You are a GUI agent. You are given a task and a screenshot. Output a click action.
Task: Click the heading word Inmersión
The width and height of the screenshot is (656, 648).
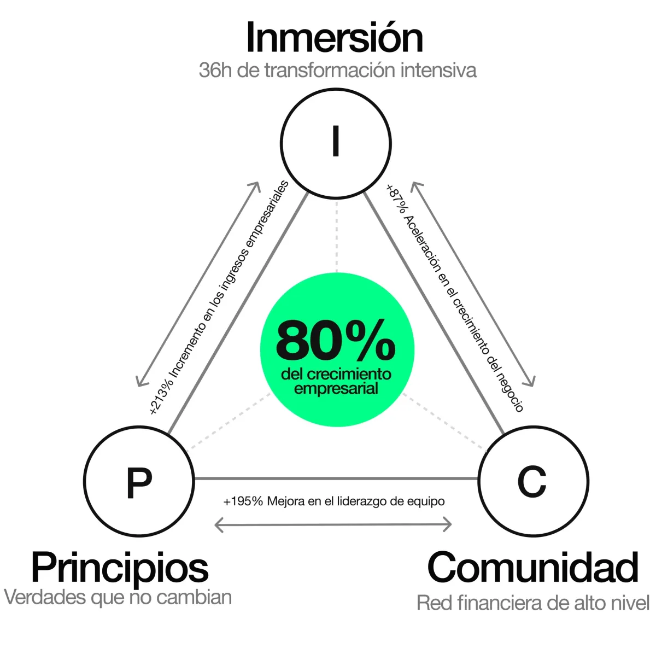click(335, 37)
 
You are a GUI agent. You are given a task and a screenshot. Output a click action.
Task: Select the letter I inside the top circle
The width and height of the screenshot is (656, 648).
click(336, 141)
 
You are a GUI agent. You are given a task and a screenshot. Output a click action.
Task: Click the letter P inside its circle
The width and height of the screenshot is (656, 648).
click(139, 483)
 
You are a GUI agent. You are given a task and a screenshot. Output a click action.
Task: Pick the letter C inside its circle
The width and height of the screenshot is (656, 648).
click(531, 481)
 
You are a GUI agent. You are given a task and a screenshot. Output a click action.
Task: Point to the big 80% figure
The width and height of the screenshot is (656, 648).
click(336, 341)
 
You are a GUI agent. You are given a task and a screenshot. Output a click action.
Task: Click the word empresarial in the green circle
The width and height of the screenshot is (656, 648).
click(336, 388)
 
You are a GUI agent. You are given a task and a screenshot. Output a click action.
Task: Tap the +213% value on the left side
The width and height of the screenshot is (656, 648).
click(161, 398)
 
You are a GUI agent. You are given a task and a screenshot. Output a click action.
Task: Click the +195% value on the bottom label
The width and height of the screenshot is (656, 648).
click(243, 501)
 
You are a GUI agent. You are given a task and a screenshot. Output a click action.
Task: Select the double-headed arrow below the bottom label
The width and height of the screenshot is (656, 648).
click(333, 524)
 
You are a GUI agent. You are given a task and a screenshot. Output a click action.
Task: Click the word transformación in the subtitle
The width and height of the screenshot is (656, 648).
click(330, 70)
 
